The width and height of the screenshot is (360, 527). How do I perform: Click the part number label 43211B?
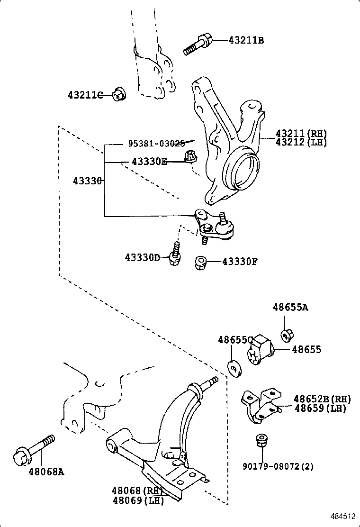tap(246, 41)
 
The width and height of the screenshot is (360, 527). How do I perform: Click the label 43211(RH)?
tap(301, 134)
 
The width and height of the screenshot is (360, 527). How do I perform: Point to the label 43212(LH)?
tap(301, 142)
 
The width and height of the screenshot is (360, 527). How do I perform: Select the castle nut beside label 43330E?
tap(191, 157)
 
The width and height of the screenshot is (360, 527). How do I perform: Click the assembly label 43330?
tap(88, 181)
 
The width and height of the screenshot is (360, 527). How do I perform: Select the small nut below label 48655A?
tap(286, 335)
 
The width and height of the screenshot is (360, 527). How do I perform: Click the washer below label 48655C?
tap(234, 368)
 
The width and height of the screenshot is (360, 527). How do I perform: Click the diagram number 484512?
tap(342, 516)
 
